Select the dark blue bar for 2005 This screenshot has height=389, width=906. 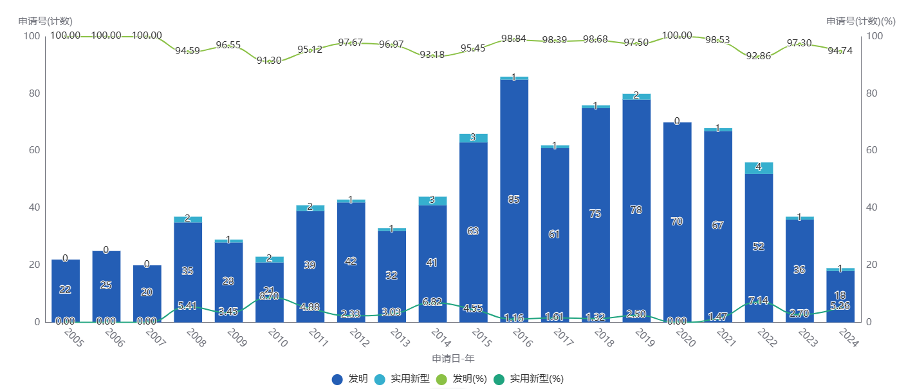pos(65,303)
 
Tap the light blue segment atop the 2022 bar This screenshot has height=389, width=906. pos(758,167)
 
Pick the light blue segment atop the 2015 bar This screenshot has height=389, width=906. pos(472,138)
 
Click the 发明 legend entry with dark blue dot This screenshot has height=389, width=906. pos(351,379)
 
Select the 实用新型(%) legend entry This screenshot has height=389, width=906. pos(528,379)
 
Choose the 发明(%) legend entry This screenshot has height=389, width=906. pos(461,379)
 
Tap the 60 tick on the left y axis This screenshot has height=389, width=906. pos(33,150)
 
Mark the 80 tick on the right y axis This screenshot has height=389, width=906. pos(873,93)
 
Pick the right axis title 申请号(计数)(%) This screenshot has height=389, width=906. pos(860,21)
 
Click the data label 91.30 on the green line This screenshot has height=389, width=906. pos(269,61)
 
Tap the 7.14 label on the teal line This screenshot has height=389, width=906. pos(758,301)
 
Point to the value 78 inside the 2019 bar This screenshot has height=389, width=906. pos(636,210)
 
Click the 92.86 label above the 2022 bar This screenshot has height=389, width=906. pos(758,56)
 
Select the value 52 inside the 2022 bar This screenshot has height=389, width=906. pos(758,246)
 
